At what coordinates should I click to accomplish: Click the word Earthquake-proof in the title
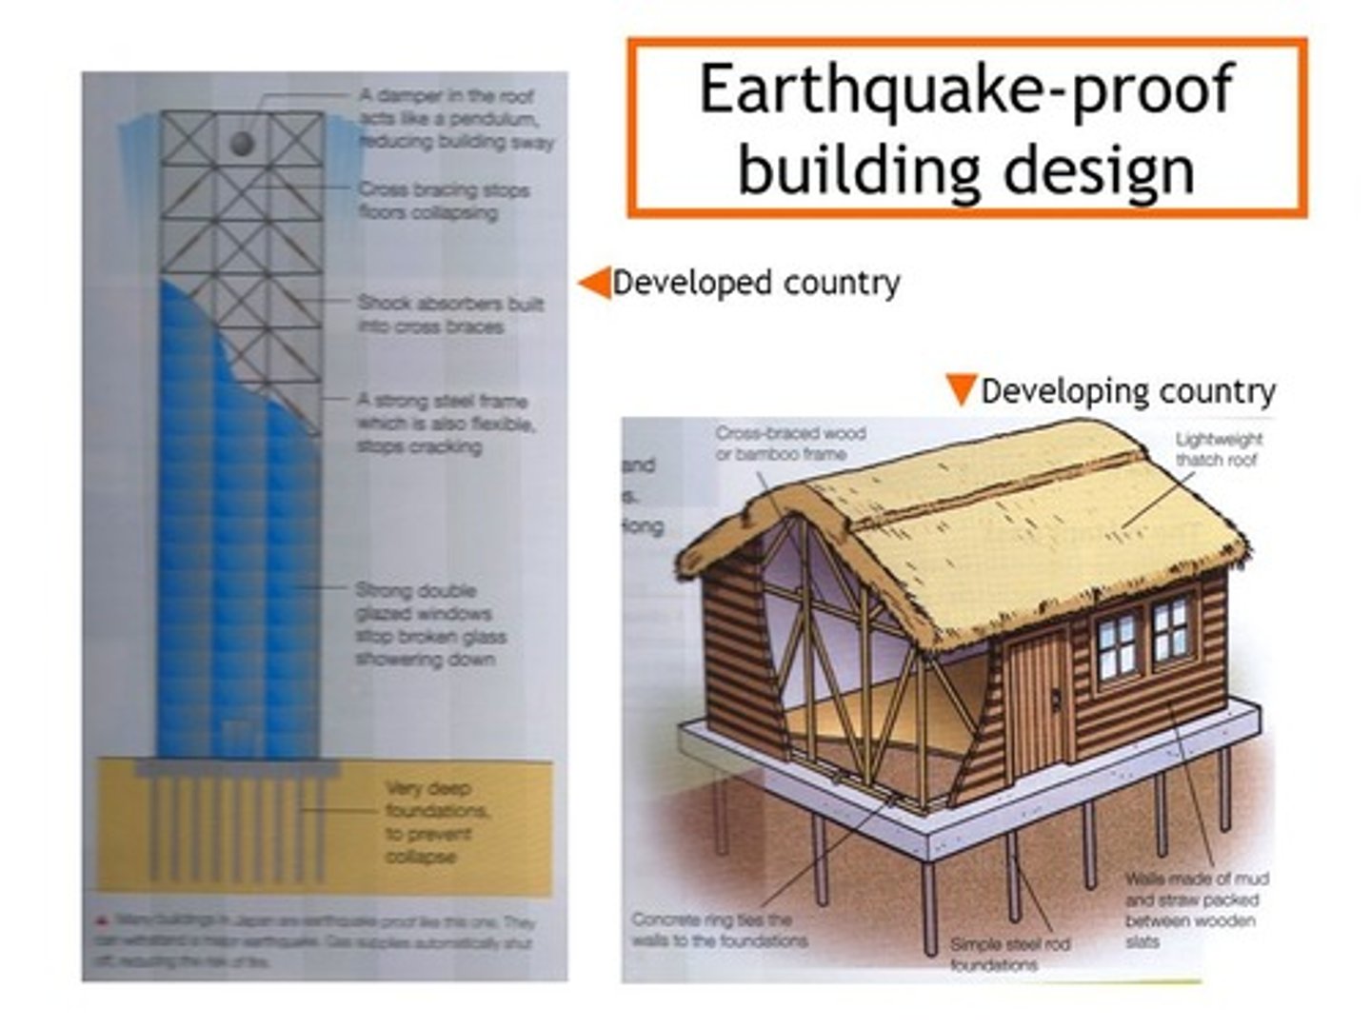pyautogui.click(x=965, y=89)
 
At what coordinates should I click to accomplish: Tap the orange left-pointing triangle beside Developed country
pyautogui.click(x=596, y=283)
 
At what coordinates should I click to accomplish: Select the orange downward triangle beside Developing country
pyautogui.click(x=961, y=388)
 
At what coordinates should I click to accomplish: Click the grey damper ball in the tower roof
pyautogui.click(x=242, y=144)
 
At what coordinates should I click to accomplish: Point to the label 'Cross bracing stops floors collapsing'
pyautogui.click(x=443, y=201)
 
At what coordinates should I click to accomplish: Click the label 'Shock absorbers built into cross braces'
pyautogui.click(x=449, y=314)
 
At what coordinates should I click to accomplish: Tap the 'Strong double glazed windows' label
pyautogui.click(x=429, y=624)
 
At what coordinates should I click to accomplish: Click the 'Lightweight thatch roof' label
pyautogui.click(x=1218, y=449)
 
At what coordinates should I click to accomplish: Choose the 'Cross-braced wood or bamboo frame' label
pyautogui.click(x=790, y=444)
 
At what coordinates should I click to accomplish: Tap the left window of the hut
pyautogui.click(x=1118, y=645)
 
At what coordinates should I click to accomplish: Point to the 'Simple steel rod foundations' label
pyautogui.click(x=1009, y=954)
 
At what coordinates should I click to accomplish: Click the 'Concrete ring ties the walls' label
pyautogui.click(x=720, y=930)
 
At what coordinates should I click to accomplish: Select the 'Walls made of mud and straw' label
pyautogui.click(x=1195, y=910)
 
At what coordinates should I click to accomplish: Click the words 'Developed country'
pyautogui.click(x=756, y=283)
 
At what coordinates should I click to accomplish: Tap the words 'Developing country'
pyautogui.click(x=1128, y=391)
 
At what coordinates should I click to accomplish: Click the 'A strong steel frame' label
pyautogui.click(x=445, y=424)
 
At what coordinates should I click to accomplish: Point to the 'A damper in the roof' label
pyautogui.click(x=455, y=119)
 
